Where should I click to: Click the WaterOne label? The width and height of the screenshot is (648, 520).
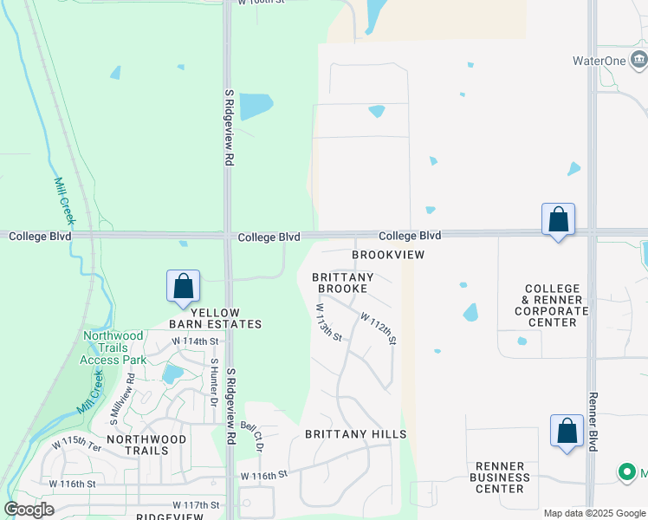[598, 61]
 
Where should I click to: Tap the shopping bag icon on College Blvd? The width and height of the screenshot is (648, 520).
[558, 220]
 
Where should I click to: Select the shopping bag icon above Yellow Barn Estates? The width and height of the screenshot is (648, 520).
[184, 287]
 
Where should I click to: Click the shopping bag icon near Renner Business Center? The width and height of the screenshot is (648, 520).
[567, 432]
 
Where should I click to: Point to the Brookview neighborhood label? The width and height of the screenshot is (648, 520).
[388, 255]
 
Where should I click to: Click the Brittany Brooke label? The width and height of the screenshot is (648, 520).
[342, 283]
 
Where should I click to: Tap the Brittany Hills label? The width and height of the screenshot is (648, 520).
[355, 433]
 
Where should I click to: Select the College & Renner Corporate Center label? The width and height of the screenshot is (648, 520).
[552, 305]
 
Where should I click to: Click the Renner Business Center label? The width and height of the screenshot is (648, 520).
[500, 477]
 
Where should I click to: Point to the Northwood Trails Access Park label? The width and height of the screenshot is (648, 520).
[113, 348]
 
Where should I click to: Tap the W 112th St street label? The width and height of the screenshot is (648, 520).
[379, 329]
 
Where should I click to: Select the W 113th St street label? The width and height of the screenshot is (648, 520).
[329, 322]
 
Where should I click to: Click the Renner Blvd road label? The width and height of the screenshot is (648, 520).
[593, 421]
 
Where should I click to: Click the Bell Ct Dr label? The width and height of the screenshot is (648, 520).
[252, 438]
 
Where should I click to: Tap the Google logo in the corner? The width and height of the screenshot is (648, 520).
[29, 510]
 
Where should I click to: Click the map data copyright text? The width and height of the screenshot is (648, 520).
[594, 513]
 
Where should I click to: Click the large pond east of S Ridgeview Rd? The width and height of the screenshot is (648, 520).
[256, 106]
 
